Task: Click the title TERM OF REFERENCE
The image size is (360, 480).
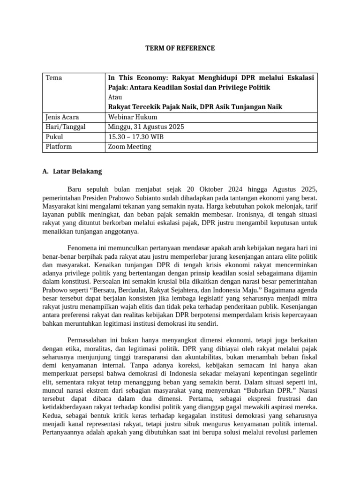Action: point(180,48)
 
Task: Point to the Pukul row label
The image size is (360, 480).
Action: point(54,137)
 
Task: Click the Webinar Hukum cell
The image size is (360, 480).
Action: point(133,117)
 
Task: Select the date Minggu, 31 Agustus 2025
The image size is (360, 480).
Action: point(146,127)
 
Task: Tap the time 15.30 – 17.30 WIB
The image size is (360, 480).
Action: point(136,137)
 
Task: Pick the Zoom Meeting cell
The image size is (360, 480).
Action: point(130,147)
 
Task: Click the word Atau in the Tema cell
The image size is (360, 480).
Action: point(115,97)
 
